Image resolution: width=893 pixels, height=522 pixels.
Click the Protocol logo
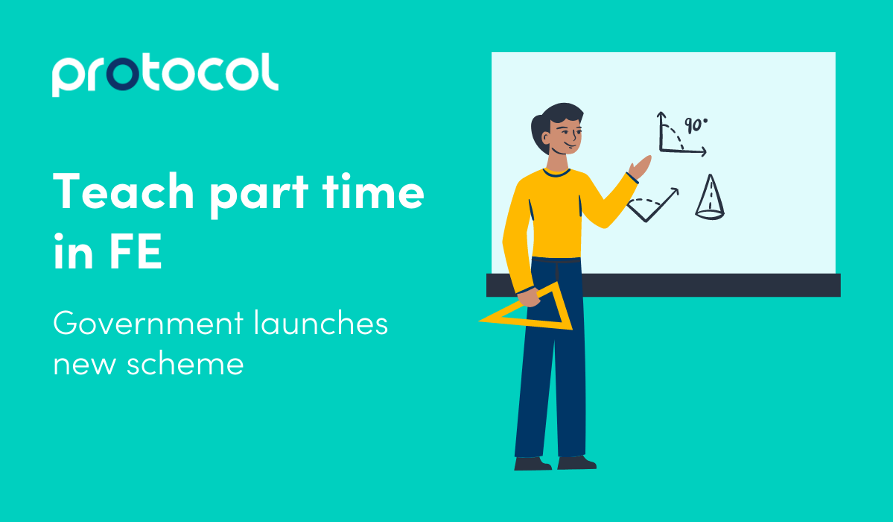165,75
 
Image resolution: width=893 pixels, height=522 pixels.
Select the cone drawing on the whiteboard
709,196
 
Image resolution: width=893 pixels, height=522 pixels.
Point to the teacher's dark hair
547,123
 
